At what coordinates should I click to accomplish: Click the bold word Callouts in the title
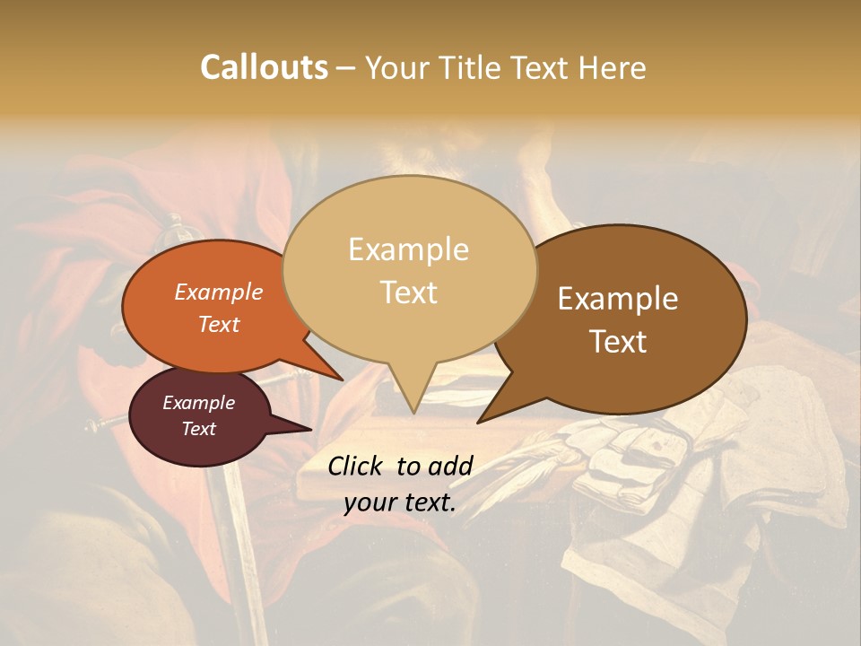pyautogui.click(x=264, y=67)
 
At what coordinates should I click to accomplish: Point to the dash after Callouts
pyautogui.click(x=345, y=68)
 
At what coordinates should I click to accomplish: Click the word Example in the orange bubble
pyautogui.click(x=218, y=292)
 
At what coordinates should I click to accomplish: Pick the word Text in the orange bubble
pyautogui.click(x=218, y=324)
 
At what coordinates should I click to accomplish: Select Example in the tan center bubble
pyautogui.click(x=408, y=249)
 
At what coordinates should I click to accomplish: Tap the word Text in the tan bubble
pyautogui.click(x=409, y=292)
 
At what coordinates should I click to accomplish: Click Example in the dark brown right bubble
pyautogui.click(x=618, y=299)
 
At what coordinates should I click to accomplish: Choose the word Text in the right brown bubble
pyautogui.click(x=619, y=342)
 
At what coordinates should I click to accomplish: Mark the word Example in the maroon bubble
pyautogui.click(x=198, y=403)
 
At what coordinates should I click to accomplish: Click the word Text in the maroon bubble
pyautogui.click(x=198, y=429)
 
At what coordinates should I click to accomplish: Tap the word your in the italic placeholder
pyautogui.click(x=370, y=502)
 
